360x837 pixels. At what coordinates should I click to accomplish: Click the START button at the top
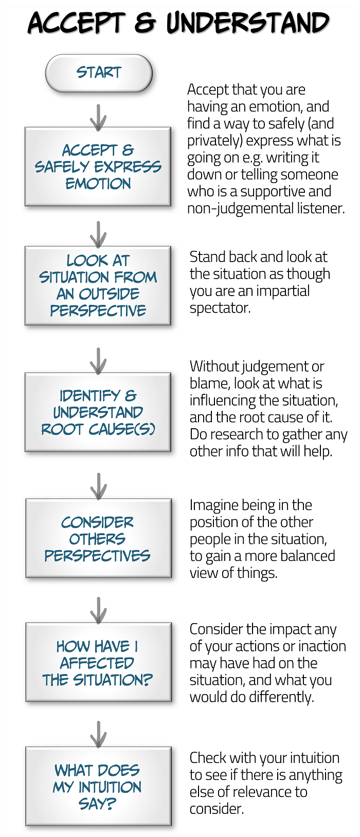click(99, 73)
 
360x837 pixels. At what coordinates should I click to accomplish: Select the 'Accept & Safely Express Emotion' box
click(98, 167)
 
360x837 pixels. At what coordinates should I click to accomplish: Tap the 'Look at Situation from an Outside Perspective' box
click(98, 285)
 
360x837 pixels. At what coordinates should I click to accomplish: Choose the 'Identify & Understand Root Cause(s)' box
click(98, 412)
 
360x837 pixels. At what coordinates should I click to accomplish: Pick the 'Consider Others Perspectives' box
click(98, 538)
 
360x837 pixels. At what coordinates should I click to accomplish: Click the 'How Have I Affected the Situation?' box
click(98, 663)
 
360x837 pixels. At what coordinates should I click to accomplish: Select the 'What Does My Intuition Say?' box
click(98, 787)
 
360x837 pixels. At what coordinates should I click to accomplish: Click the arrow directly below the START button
click(98, 117)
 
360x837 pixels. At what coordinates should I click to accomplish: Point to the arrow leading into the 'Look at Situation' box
click(98, 234)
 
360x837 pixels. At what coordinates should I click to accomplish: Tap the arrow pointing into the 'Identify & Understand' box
click(98, 360)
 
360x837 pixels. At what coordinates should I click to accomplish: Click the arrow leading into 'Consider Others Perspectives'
click(98, 486)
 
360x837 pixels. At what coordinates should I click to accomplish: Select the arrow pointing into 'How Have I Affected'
click(98, 610)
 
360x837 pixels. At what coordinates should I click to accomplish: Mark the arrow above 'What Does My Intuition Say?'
click(98, 734)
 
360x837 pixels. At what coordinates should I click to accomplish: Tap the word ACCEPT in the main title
click(76, 23)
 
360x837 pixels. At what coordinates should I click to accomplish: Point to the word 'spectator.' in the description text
click(220, 308)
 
